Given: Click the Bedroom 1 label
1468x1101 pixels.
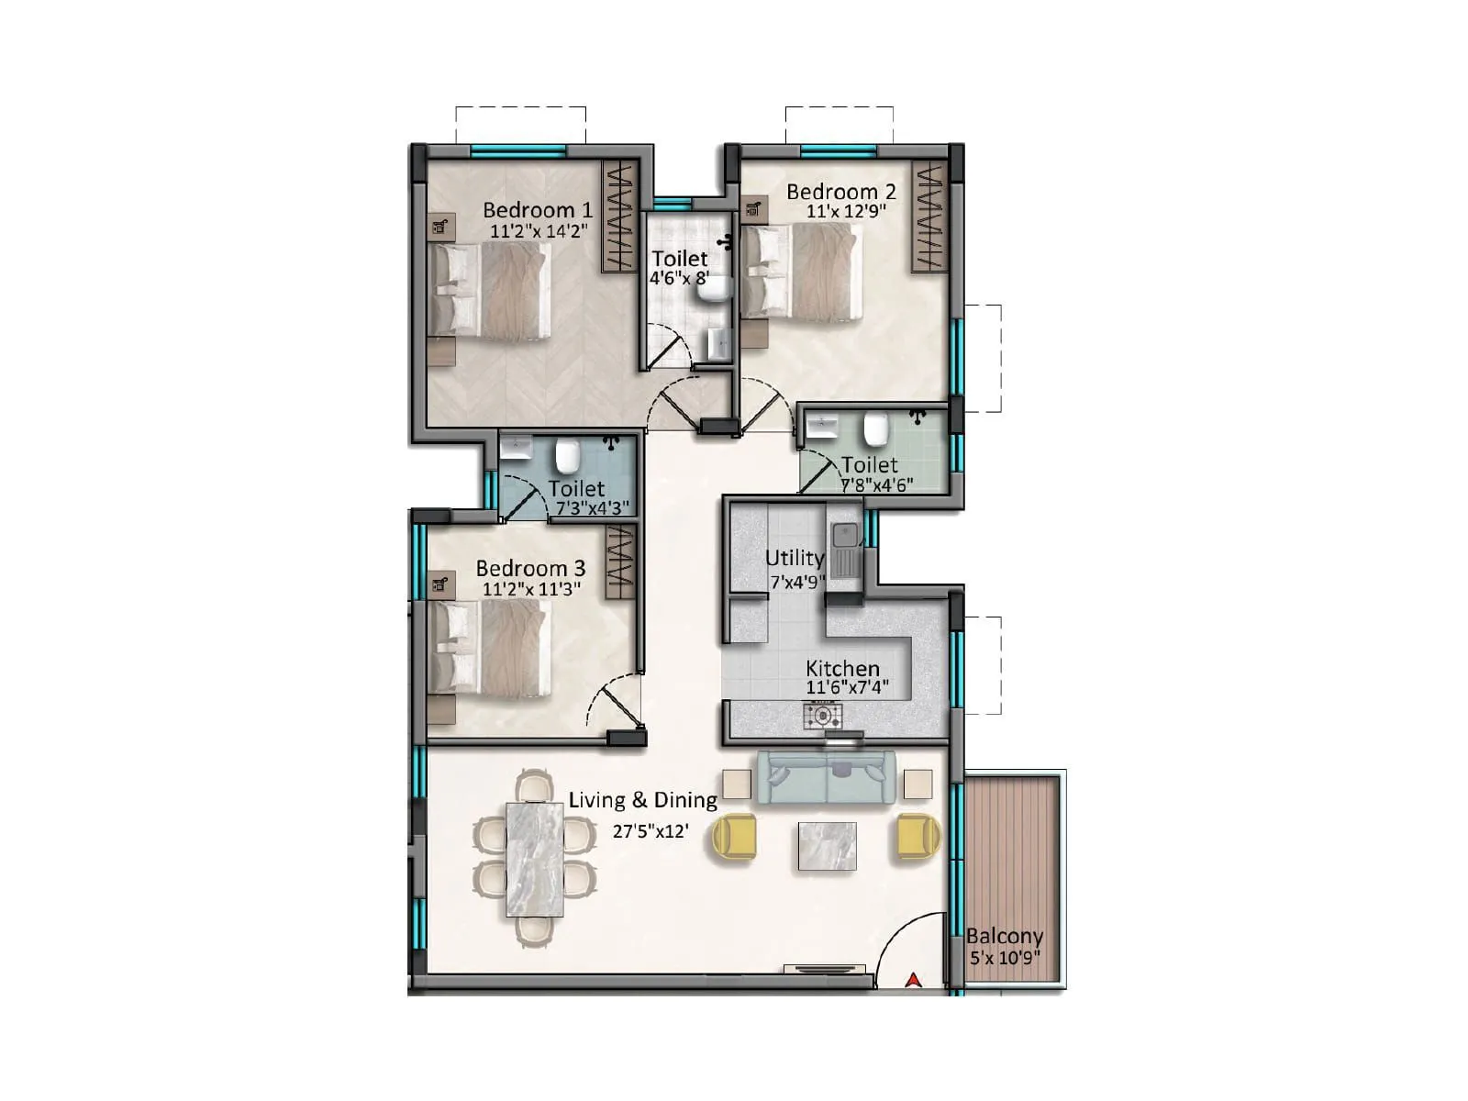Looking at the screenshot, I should click(x=537, y=210).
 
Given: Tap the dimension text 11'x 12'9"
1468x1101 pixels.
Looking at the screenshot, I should click(x=840, y=212).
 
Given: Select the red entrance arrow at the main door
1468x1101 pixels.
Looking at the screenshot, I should click(x=912, y=980).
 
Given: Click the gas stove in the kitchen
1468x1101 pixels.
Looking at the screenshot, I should click(x=823, y=715).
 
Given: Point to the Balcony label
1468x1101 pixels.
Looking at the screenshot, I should click(x=1004, y=937).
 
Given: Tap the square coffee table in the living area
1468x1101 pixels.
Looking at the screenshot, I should click(x=828, y=846).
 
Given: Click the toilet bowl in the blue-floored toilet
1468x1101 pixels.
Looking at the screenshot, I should click(x=568, y=453).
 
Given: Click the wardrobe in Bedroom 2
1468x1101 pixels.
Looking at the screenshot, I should click(x=929, y=217).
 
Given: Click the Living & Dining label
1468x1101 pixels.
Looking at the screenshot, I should click(x=642, y=800).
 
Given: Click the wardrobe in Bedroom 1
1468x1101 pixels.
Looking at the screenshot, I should click(x=618, y=217).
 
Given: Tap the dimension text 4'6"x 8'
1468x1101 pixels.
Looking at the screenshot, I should click(x=679, y=278).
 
